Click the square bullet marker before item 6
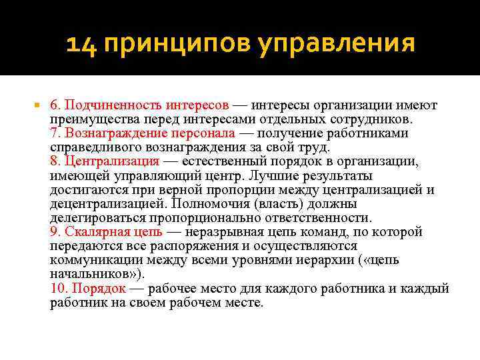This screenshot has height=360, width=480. pyautogui.click(x=37, y=105)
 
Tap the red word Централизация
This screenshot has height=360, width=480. pyautogui.click(x=113, y=161)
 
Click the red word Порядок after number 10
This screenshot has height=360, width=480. pyautogui.click(x=100, y=289)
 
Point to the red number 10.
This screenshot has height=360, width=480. pyautogui.click(x=57, y=289)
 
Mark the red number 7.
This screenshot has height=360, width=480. pyautogui.click(x=55, y=133)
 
